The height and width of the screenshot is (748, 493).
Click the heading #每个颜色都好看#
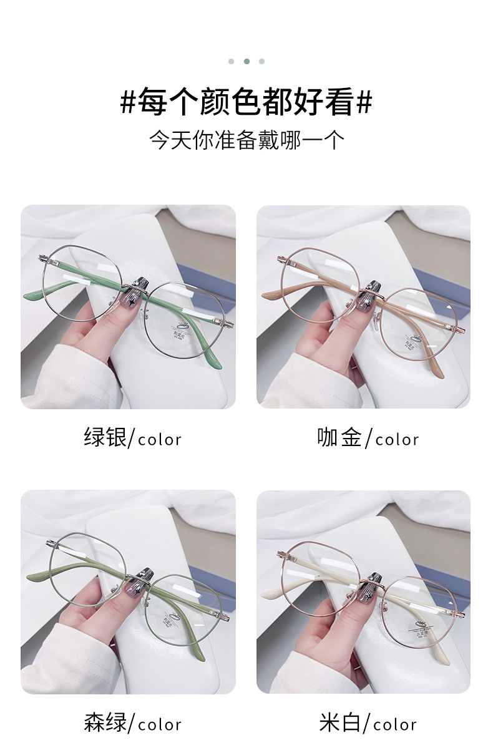246,102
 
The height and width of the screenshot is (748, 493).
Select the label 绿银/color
132,438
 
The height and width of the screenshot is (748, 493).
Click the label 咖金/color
368,438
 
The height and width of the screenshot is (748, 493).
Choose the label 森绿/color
132,723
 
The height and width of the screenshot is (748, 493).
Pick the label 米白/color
368,723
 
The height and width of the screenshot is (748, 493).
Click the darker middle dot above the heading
246,61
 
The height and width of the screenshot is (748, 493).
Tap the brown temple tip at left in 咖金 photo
269,293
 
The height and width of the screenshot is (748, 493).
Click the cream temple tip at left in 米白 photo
270,593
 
